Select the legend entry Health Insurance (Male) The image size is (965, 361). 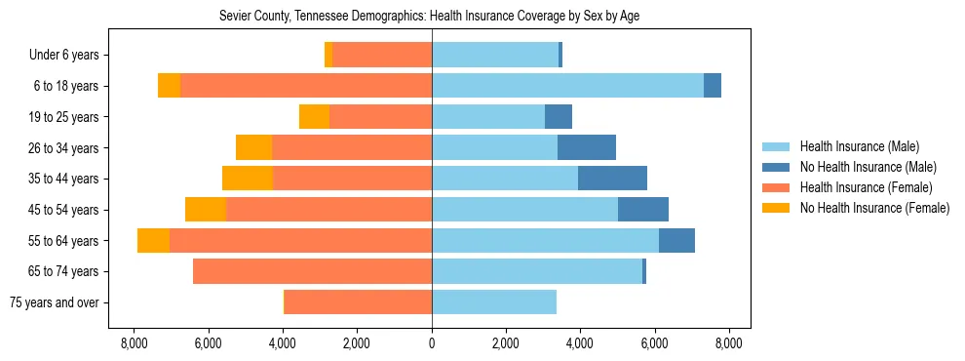coord(859,146)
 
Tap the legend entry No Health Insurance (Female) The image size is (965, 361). coord(873,208)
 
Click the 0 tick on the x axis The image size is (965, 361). coord(432,343)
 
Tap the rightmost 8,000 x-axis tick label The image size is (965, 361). coord(729,343)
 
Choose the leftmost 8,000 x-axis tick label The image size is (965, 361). coord(134,343)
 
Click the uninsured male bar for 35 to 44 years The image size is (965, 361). coord(612,179)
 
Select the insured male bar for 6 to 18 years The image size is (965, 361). coord(567,86)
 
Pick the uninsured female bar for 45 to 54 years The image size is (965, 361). coord(206,210)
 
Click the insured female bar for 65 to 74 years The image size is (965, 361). coord(312,271)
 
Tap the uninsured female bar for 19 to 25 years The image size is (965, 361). coord(314,117)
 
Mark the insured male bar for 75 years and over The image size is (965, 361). coord(494,302)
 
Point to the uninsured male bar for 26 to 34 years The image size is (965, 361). coord(587,148)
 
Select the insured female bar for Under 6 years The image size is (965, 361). coord(382,56)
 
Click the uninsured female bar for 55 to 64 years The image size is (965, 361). coord(153,241)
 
